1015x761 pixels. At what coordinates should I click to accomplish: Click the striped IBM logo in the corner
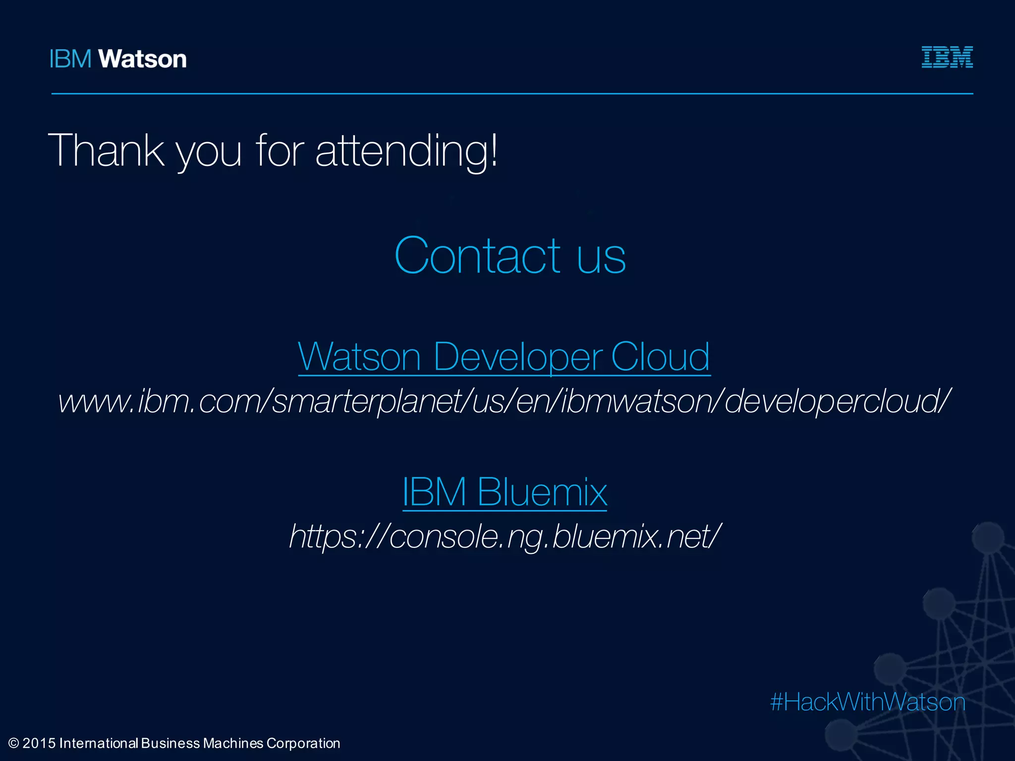[947, 57]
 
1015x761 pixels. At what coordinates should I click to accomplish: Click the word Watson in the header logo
[143, 59]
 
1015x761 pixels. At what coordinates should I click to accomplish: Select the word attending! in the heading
[406, 151]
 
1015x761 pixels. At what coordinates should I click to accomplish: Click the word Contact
[477, 256]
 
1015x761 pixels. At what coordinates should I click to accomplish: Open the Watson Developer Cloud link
[504, 356]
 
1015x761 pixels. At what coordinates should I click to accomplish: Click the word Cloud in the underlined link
[660, 356]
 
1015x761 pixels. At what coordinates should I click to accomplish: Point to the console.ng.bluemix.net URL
[505, 537]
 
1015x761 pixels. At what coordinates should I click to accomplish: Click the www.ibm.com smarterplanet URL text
[505, 401]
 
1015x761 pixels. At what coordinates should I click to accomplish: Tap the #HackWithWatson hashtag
[868, 702]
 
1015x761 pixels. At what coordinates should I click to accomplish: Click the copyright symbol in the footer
[14, 743]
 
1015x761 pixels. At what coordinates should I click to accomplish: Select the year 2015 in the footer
[39, 743]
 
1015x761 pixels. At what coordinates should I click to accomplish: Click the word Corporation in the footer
[303, 743]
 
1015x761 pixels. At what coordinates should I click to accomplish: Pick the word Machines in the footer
[233, 743]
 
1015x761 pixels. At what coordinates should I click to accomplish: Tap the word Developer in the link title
[518, 356]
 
